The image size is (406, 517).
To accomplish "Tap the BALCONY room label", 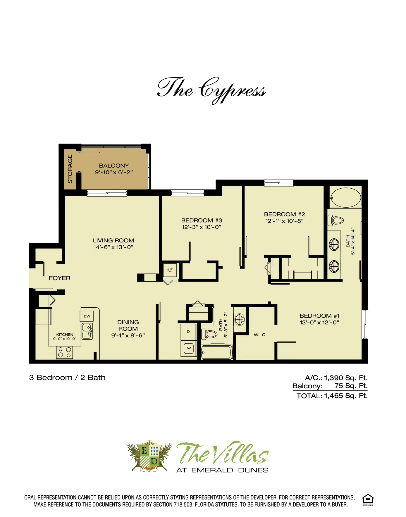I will click(114, 166).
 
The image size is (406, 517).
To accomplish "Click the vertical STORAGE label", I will click(70, 169).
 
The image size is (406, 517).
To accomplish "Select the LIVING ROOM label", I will click(113, 240).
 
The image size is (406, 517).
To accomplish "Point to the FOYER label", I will click(60, 278).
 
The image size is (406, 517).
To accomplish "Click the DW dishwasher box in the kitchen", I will click(87, 316).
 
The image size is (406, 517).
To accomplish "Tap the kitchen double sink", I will click(87, 331).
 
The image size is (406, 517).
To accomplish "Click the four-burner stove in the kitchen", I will click(65, 352).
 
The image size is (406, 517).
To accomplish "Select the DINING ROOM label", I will click(128, 325).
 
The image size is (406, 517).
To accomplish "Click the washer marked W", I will click(189, 348).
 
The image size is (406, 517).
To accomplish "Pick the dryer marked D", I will click(188, 332).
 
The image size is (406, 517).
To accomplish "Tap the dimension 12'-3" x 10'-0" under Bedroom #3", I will click(202, 227).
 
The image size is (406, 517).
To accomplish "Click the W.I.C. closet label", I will click(260, 335).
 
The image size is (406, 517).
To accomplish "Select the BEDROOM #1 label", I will click(319, 316).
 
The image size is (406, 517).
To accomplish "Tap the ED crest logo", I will click(149, 456).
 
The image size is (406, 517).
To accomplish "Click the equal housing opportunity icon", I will click(368, 499).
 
